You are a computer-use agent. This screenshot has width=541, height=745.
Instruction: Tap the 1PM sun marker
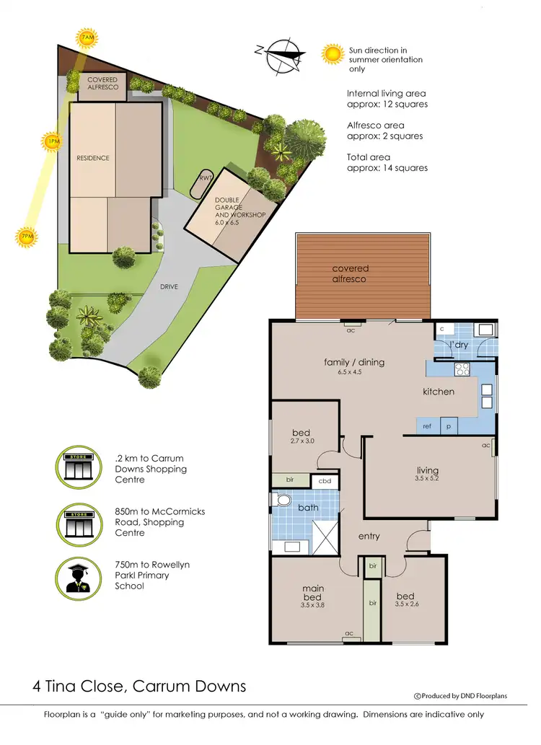point(53,142)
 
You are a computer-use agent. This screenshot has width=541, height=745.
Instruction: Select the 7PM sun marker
point(27,237)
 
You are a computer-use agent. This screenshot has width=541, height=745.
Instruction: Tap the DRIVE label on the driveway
point(170,286)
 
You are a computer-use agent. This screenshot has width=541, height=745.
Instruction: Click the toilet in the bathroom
point(283,500)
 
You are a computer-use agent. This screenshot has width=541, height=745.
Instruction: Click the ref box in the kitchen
point(427,426)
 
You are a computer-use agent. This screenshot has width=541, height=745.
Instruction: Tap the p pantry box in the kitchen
point(449,426)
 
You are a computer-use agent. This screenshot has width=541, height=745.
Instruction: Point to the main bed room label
point(313,593)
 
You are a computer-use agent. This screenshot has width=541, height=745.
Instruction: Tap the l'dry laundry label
point(459,345)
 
